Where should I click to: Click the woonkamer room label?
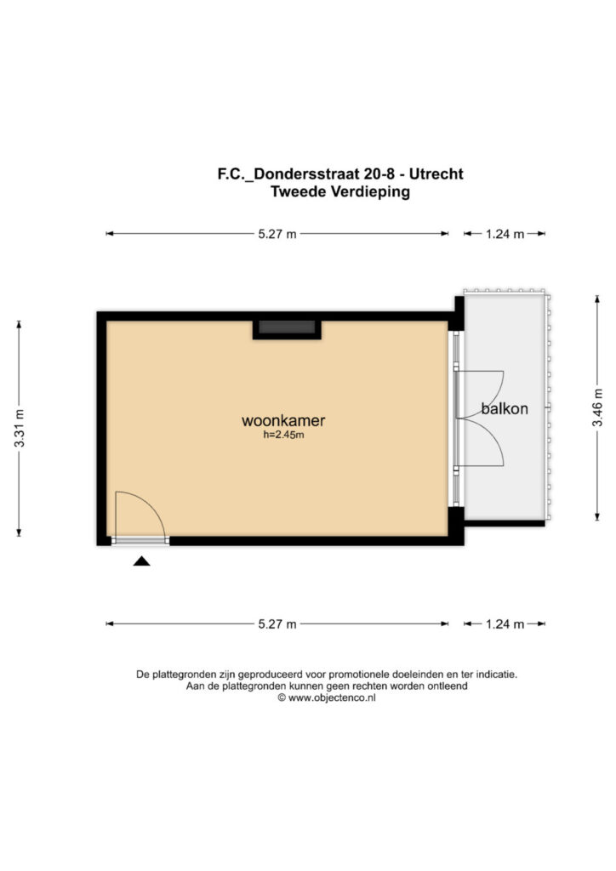point(283,420)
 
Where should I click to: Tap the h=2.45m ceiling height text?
point(283,435)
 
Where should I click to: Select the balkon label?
point(505,409)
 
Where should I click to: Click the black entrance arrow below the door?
point(141,561)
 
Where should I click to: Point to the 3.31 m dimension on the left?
point(20,429)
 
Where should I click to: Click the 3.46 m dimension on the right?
point(597,407)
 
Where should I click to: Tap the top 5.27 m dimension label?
point(277,234)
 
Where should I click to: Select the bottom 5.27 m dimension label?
point(277,623)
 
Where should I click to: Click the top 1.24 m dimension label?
point(505,234)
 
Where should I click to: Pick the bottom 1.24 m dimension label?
point(505,623)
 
